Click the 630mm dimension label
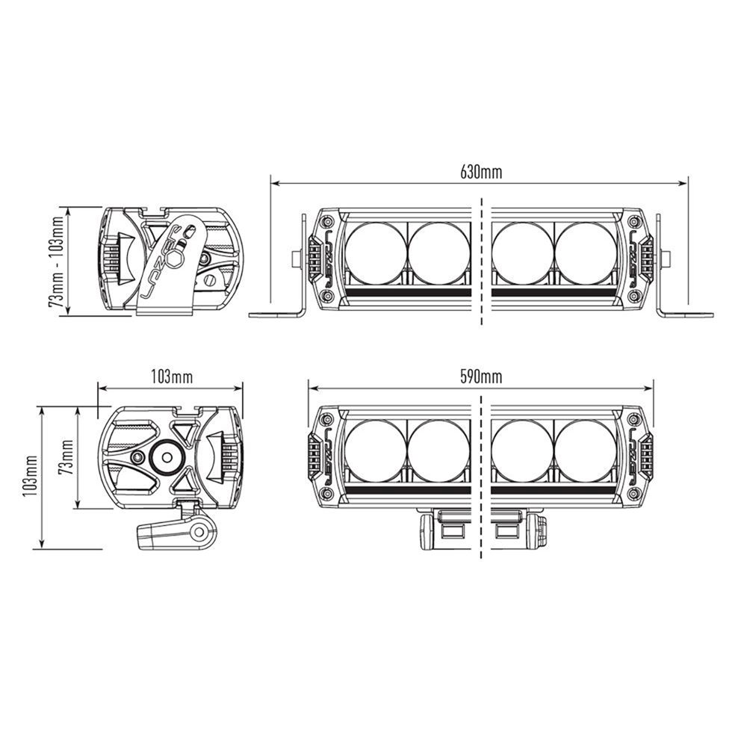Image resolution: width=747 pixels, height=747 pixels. [x=481, y=172]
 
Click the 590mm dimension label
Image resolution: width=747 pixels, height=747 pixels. [x=481, y=376]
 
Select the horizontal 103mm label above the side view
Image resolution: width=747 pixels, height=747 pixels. [x=172, y=376]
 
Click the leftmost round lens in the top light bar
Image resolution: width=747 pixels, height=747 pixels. [x=375, y=253]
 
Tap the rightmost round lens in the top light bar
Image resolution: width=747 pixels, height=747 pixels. [x=586, y=253]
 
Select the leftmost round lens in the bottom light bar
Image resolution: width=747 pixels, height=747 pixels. [x=375, y=450]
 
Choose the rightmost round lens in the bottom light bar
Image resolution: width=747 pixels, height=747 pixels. [x=586, y=450]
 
